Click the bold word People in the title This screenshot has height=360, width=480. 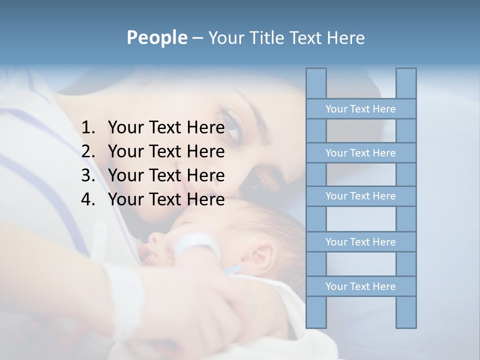156,37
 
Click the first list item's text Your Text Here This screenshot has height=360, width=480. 166,128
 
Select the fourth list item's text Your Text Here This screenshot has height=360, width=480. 166,199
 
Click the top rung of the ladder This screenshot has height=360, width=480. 360,109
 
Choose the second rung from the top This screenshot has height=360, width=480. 360,153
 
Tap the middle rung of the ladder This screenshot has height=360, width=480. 360,196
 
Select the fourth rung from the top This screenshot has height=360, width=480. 360,242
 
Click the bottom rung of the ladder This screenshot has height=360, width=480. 360,286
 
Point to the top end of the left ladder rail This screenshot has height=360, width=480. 316,70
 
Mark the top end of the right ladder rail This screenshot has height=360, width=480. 406,70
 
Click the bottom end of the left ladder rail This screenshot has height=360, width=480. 316,326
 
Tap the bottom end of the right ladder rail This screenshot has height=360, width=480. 406,326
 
